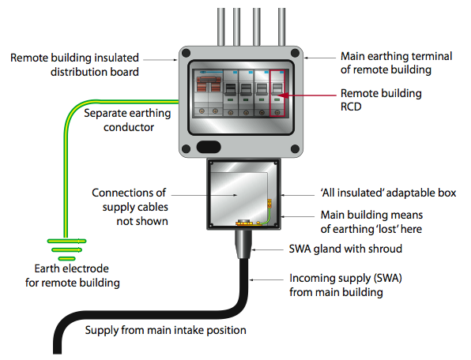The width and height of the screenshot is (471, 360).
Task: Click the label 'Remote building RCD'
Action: point(380,100)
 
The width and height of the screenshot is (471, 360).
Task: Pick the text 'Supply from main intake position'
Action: point(165,330)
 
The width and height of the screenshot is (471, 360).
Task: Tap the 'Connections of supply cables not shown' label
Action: point(130,207)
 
